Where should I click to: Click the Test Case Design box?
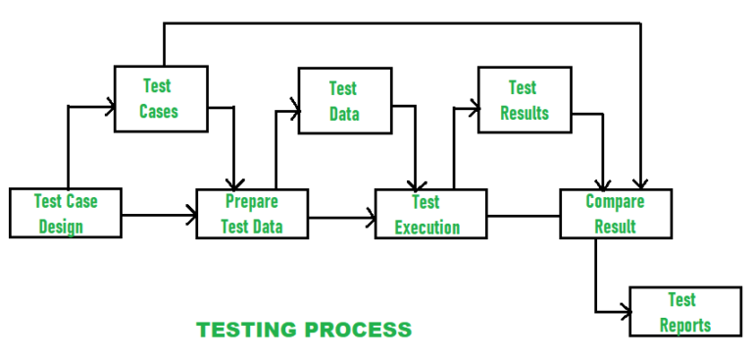pos(65,213)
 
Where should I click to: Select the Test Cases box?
pos(161,98)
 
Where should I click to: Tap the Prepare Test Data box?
pos(252,214)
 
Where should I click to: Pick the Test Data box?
pos(344,101)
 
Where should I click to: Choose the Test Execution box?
pos(430,214)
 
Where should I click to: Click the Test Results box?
pos(524,100)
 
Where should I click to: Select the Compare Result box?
pos(615,214)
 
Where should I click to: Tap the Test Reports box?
pos(684,312)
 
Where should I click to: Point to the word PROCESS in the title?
pos(364,330)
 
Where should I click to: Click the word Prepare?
pos(252,202)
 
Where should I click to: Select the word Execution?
pos(427,228)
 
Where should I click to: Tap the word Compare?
pos(615,202)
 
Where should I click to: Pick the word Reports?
pos(684,326)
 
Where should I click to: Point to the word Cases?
pos(159,111)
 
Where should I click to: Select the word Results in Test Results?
pos(525,114)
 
